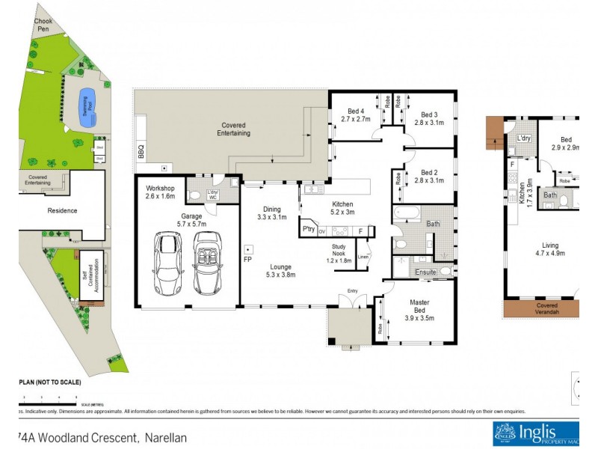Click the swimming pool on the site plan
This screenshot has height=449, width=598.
coord(87,100)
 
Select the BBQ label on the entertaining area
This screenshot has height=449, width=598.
coord(141,152)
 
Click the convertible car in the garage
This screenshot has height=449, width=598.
coord(206,263)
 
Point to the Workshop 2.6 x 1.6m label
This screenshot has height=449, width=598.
coord(160,192)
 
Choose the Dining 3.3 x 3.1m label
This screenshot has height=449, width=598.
coord(270,213)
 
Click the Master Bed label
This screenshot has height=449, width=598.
coord(418,307)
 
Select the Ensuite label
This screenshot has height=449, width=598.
coord(425,272)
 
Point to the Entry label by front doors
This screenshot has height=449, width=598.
coord(353,292)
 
